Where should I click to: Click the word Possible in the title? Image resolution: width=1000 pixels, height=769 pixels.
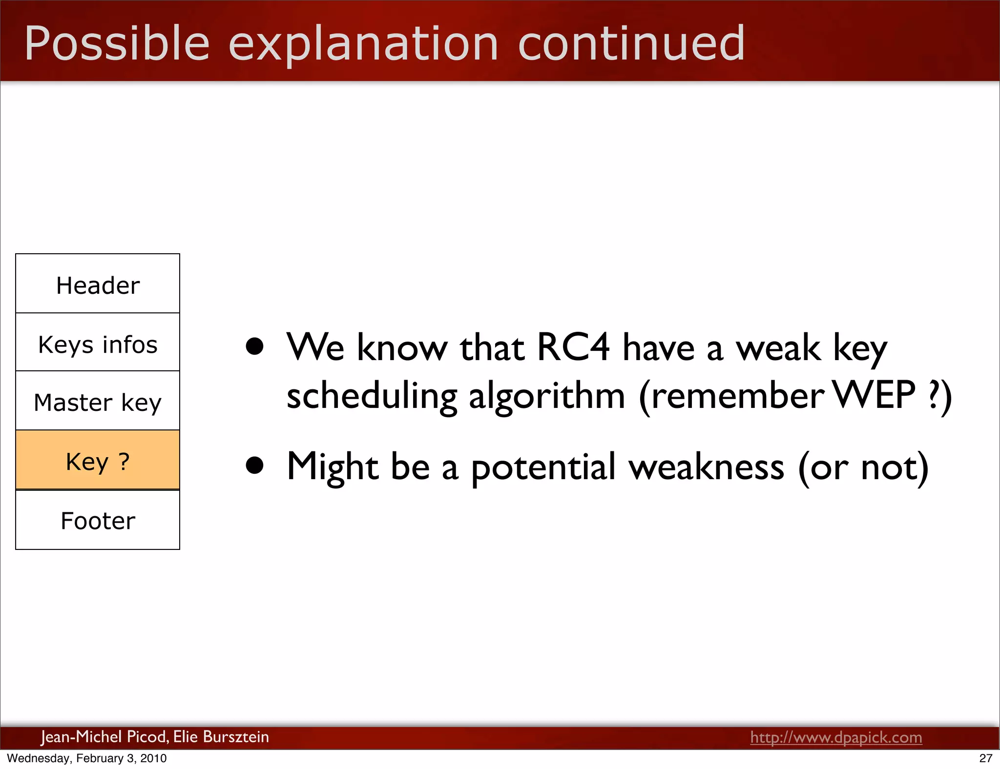[117, 44]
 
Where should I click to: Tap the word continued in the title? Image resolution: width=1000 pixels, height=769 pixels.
[631, 44]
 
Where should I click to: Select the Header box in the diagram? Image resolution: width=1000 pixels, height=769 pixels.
[98, 284]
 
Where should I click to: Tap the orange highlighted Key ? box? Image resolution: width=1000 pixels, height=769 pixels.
[98, 461]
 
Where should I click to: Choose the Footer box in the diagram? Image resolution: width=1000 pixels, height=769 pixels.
[98, 520]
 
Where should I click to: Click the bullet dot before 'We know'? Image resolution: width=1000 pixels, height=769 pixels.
[254, 346]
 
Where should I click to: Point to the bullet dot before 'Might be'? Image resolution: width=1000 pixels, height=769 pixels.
[254, 465]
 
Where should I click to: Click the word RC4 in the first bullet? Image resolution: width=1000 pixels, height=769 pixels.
[573, 347]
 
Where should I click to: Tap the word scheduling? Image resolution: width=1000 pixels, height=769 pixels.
[371, 396]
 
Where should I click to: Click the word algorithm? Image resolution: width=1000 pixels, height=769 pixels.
[547, 396]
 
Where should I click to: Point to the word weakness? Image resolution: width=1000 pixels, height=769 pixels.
[706, 467]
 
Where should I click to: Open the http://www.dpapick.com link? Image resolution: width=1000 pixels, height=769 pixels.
[836, 737]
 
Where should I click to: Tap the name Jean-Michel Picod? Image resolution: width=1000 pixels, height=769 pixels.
[104, 736]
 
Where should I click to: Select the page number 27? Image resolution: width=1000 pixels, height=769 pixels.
[985, 758]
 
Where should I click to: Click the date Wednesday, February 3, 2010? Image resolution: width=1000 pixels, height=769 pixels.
[87, 758]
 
